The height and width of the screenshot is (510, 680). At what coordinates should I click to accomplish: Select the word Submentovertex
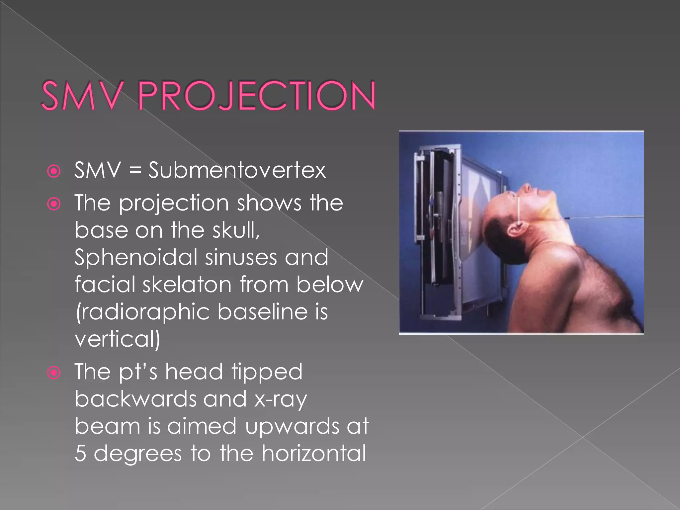pos(237,170)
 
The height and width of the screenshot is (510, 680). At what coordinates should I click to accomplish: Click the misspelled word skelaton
pos(187,285)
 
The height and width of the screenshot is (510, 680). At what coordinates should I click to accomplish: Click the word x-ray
pos(281,399)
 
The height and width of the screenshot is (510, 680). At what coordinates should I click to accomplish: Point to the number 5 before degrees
pos(81,454)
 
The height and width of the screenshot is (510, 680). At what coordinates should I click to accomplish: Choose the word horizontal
pos(314,453)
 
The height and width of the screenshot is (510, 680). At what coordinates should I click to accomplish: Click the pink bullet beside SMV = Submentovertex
pos(54,171)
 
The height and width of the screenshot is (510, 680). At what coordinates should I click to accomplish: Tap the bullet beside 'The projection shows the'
pos(54,204)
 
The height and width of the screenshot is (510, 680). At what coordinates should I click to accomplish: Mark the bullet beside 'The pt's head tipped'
pos(54,373)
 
